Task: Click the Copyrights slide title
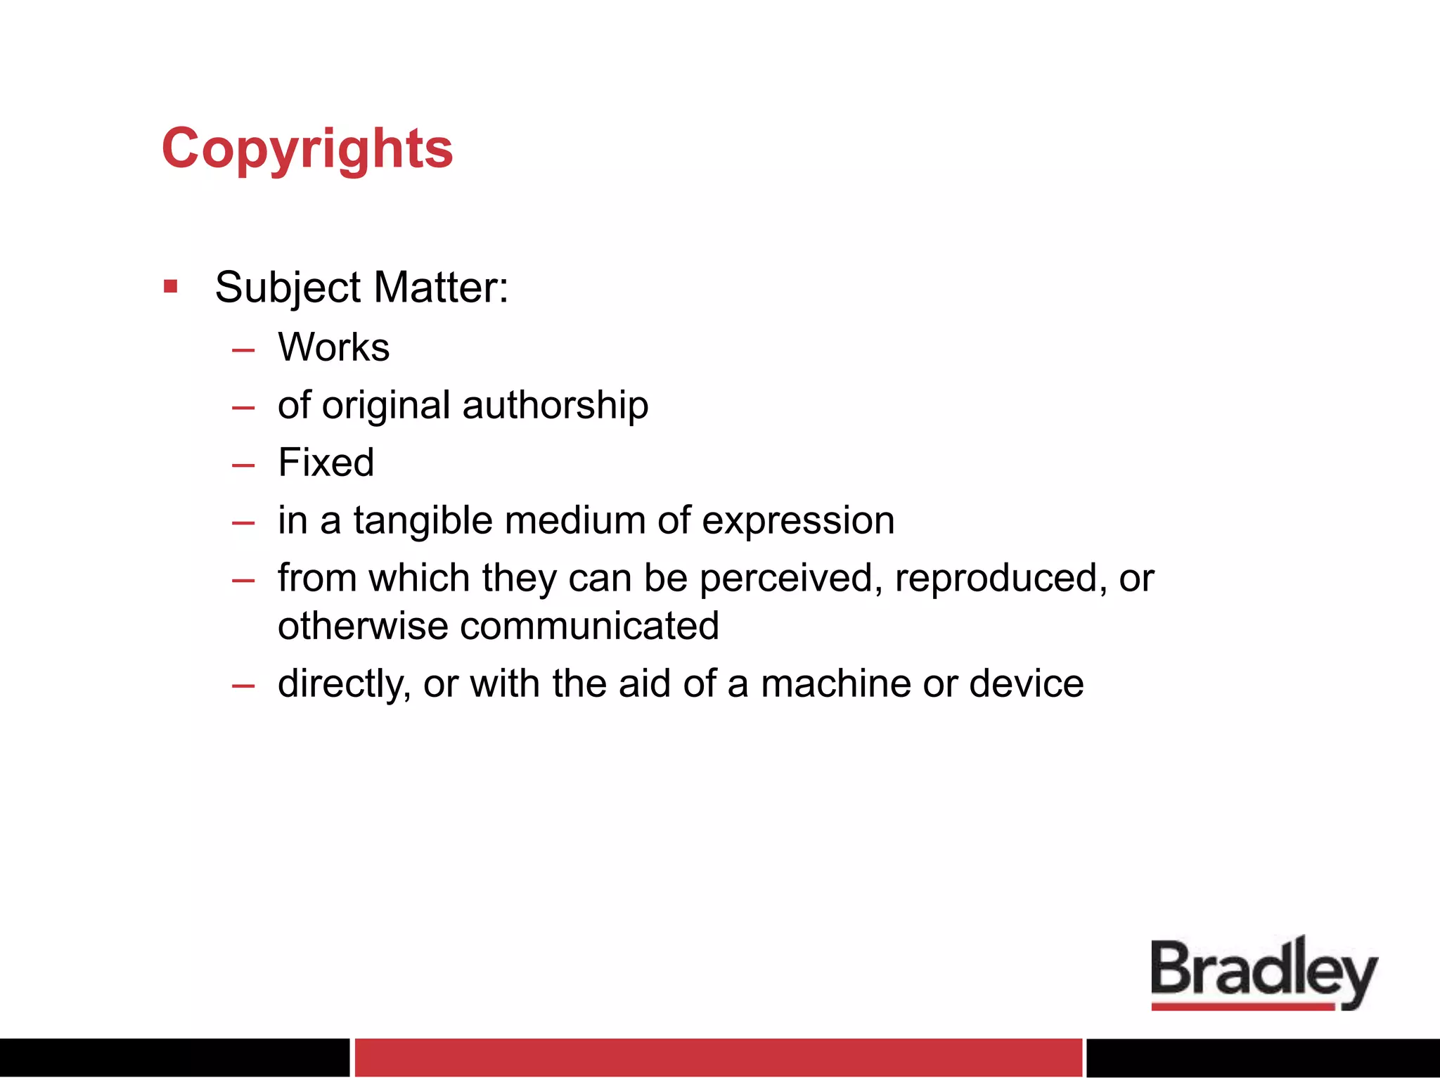307,149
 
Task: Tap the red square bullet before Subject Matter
170,286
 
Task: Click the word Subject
288,288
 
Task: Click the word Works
333,347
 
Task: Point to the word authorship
555,406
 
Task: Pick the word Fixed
326,463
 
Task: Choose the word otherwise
363,626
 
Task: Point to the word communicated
589,626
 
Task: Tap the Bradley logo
1264,973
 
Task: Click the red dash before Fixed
243,465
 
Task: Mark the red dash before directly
243,686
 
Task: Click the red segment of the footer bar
718,1057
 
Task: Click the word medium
574,521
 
